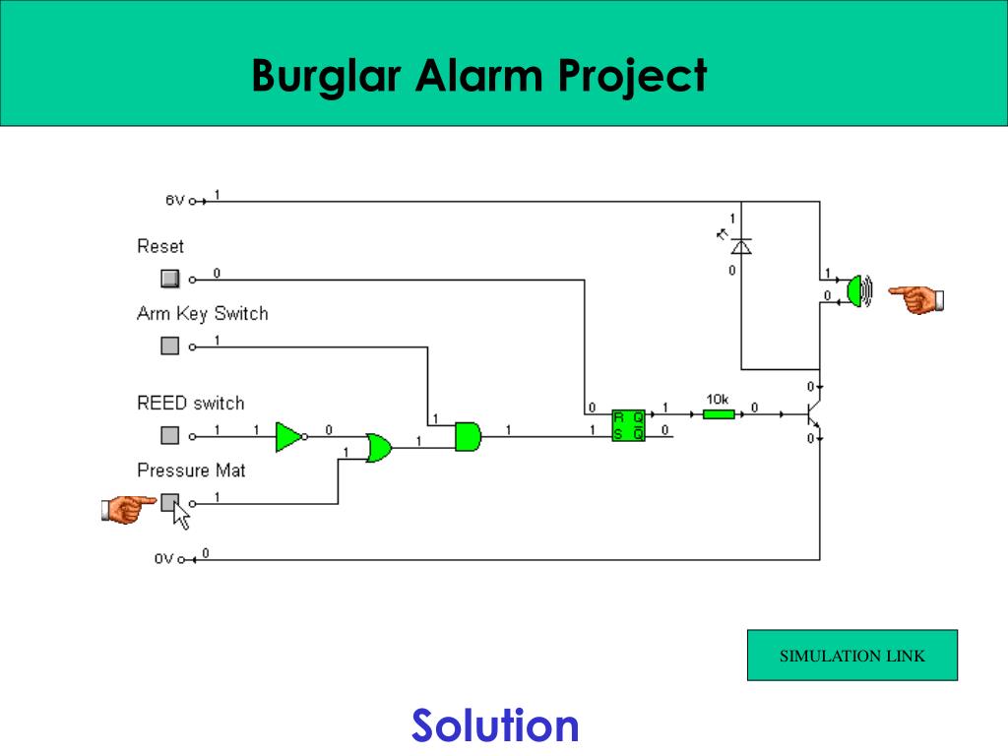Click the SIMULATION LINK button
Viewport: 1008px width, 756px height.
851,656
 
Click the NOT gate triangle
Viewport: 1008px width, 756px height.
288,435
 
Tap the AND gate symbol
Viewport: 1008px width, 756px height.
468,435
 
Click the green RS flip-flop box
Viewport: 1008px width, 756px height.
628,424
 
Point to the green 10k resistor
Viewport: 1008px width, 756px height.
719,413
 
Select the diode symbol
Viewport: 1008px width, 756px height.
741,246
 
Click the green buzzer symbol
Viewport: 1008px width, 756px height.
859,290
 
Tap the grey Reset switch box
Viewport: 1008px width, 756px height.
170,278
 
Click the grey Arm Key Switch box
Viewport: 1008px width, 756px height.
170,346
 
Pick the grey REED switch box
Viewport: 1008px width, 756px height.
170,435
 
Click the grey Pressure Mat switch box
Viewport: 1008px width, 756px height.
169,503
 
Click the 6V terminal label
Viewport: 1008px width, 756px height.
174,201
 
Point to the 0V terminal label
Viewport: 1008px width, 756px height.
163,559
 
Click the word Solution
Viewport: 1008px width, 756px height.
495,726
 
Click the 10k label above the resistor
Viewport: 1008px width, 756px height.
717,399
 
